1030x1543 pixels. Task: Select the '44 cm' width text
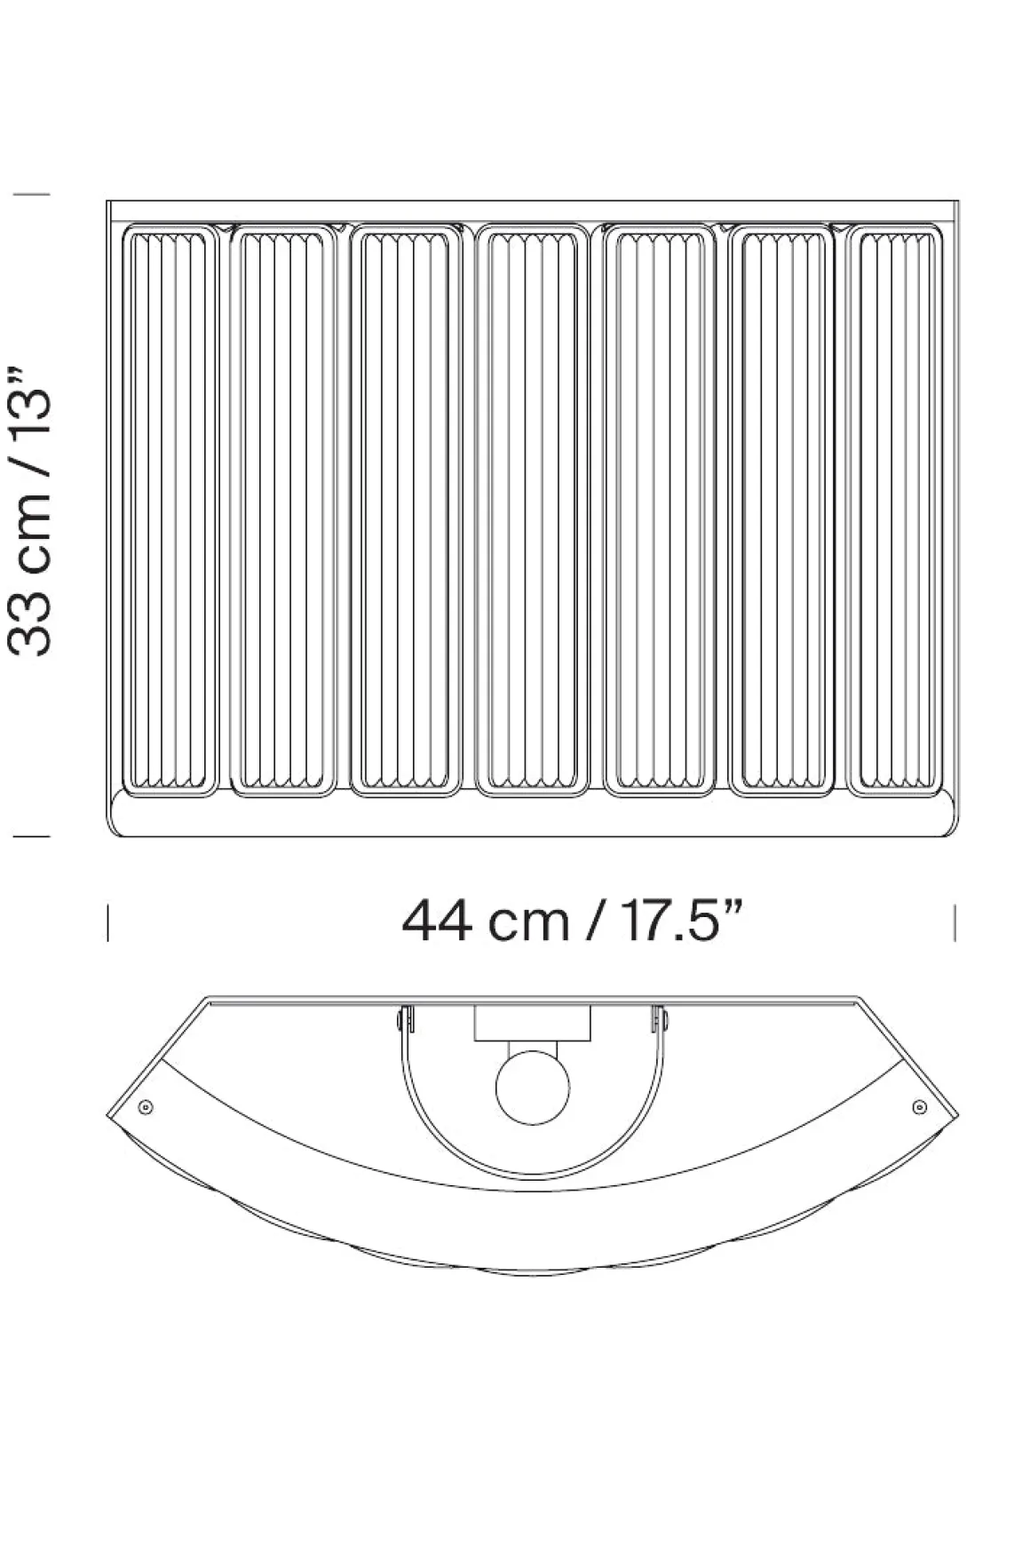click(485, 921)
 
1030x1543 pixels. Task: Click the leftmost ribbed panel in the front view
click(170, 510)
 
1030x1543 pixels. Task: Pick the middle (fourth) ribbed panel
click(533, 510)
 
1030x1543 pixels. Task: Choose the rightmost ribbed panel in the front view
click(894, 510)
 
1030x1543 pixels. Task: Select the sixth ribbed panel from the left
click(780, 510)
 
